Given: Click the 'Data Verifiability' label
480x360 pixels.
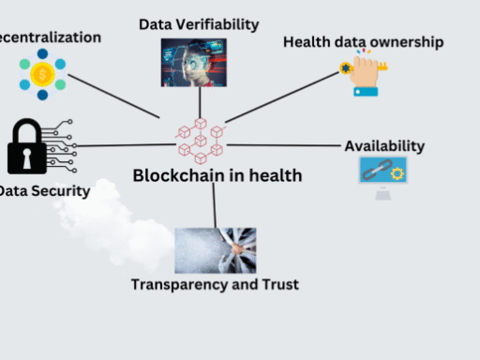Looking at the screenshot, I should point(199,23).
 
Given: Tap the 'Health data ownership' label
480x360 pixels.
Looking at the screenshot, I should point(363,42).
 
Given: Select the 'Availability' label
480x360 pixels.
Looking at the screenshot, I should point(384,146).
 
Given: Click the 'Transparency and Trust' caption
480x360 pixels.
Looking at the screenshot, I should point(215,284).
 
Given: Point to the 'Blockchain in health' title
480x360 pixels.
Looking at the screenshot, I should point(217,174).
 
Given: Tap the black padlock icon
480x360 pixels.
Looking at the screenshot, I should point(26,148).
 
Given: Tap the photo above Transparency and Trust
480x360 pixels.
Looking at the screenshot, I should point(215,250).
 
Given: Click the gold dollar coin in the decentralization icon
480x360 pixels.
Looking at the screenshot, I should point(41,74).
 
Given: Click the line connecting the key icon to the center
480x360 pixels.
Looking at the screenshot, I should point(285,97).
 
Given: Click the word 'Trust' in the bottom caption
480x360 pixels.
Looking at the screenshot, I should point(278,284).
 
